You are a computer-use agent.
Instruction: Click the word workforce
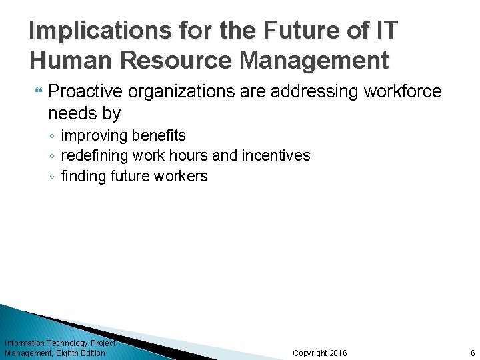(403, 91)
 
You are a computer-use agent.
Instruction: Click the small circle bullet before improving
(53, 137)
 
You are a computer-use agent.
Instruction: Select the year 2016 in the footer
(338, 353)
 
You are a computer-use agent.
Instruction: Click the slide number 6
(472, 353)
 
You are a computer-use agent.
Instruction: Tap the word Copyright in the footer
(310, 353)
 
